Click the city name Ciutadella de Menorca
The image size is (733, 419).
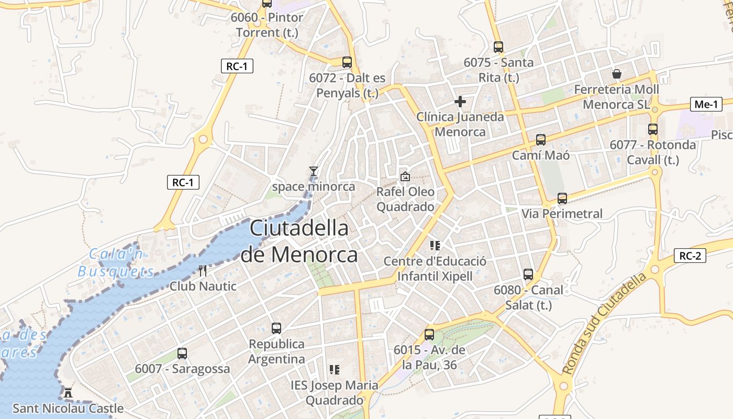pos(299,241)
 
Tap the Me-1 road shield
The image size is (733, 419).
pos(706,104)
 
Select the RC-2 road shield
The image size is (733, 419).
pos(690,256)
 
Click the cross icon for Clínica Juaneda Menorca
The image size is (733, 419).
pos(460,101)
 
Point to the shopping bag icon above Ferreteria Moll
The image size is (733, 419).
pos(617,74)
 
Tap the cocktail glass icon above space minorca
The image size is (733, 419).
pos(313,171)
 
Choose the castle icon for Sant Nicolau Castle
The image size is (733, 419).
pos(68,392)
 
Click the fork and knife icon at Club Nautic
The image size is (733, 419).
pos(203,271)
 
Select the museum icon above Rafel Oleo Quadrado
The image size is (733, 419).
pos(405,177)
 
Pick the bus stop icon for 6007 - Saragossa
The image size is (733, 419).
pos(182,354)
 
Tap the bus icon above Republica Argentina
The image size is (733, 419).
pos(276,328)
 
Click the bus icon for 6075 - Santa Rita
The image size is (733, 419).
pos(498,47)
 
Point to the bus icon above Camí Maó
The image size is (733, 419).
pos(541,140)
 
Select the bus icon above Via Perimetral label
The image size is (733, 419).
pos(562,199)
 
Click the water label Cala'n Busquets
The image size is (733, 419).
pos(116,263)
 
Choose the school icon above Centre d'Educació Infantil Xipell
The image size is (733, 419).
pos(435,245)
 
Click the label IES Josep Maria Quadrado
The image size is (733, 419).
pos(334,393)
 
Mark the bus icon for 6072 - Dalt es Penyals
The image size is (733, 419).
pos(347,62)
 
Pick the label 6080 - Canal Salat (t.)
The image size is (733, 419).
pos(528,297)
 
